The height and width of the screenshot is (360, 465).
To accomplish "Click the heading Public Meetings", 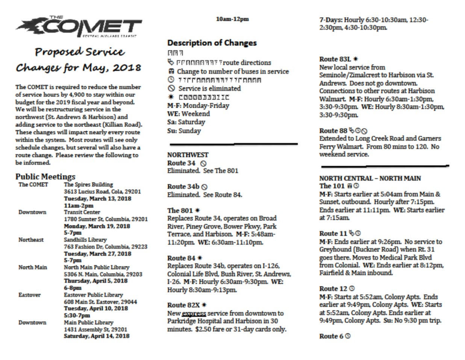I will pyautogui.click(x=45, y=176).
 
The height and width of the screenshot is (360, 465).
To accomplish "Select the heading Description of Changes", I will pyautogui.click(x=212, y=43).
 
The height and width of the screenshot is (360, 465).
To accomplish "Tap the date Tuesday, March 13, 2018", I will pyautogui.click(x=97, y=198).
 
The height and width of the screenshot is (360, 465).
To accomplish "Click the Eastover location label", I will pyautogui.click(x=29, y=295).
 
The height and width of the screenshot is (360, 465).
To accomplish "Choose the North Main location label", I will pyautogui.click(x=33, y=267).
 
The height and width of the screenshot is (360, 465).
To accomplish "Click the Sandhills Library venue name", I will pyautogui.click(x=85, y=240).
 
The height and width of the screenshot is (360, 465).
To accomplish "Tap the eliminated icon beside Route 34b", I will pyautogui.click(x=204, y=187).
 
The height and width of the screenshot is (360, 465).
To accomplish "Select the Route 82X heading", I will pyautogui.click(x=183, y=305).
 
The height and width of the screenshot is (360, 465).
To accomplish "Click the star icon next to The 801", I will pyautogui.click(x=198, y=210).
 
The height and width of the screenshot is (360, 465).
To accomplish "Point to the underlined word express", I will pyautogui.click(x=194, y=313).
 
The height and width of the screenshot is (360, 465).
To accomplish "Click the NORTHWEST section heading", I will pyautogui.click(x=188, y=155).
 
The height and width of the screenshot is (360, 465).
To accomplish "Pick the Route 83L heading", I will pyautogui.click(x=335, y=59).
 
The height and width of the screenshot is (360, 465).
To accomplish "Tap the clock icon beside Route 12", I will pyautogui.click(x=352, y=289).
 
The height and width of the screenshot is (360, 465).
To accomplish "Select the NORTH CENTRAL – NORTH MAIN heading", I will pyautogui.click(x=370, y=178).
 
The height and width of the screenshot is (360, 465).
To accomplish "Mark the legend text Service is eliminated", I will pyautogui.click(x=209, y=88).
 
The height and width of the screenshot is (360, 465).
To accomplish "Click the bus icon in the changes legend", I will pyautogui.click(x=171, y=71).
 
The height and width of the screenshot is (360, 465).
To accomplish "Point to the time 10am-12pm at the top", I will pyautogui.click(x=232, y=19).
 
